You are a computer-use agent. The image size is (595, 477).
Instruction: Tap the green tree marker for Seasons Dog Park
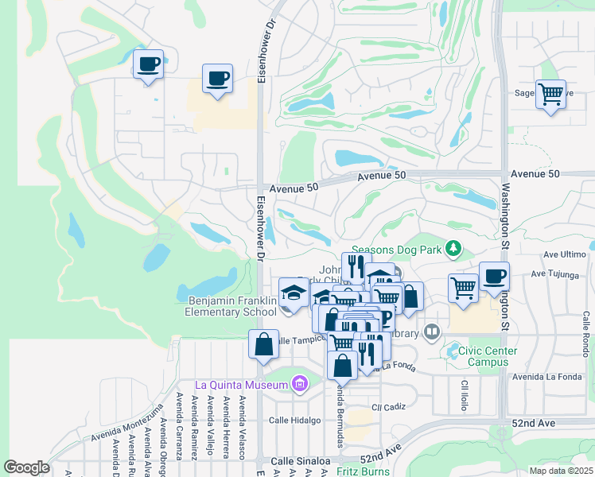click(x=453, y=250)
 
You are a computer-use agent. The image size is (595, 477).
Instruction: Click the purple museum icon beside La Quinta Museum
click(x=300, y=386)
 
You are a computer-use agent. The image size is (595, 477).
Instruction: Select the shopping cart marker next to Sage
click(x=550, y=95)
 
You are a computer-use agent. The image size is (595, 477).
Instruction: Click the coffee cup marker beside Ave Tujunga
click(x=494, y=277)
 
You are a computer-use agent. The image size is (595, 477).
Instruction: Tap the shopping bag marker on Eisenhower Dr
click(x=263, y=345)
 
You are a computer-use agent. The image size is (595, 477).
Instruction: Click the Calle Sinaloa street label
click(x=301, y=461)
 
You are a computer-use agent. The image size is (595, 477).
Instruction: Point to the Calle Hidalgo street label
click(x=294, y=420)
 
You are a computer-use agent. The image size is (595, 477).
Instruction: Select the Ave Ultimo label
click(x=563, y=254)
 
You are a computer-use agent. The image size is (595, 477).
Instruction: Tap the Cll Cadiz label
click(x=388, y=406)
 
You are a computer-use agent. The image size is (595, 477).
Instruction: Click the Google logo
click(x=26, y=467)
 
